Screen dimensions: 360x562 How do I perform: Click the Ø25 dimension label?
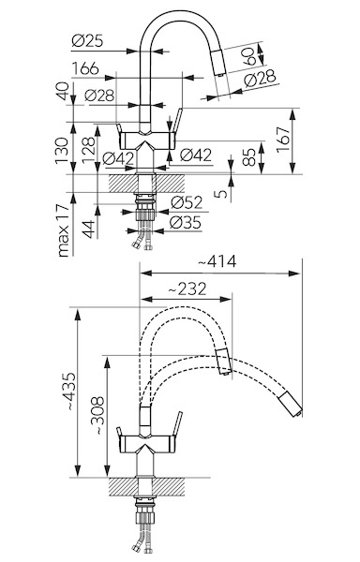[87, 40]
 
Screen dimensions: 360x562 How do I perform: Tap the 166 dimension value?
[85, 68]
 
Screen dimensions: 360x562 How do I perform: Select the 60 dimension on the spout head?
[250, 55]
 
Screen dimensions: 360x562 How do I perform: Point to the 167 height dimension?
[283, 140]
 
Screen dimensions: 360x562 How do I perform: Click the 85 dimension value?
[249, 156]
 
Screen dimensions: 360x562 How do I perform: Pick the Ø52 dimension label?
[187, 202]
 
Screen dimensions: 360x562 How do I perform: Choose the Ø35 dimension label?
[185, 223]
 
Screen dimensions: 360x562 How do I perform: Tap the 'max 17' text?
[63, 230]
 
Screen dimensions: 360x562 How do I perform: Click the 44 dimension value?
[89, 229]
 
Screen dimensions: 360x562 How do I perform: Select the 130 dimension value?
[62, 150]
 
